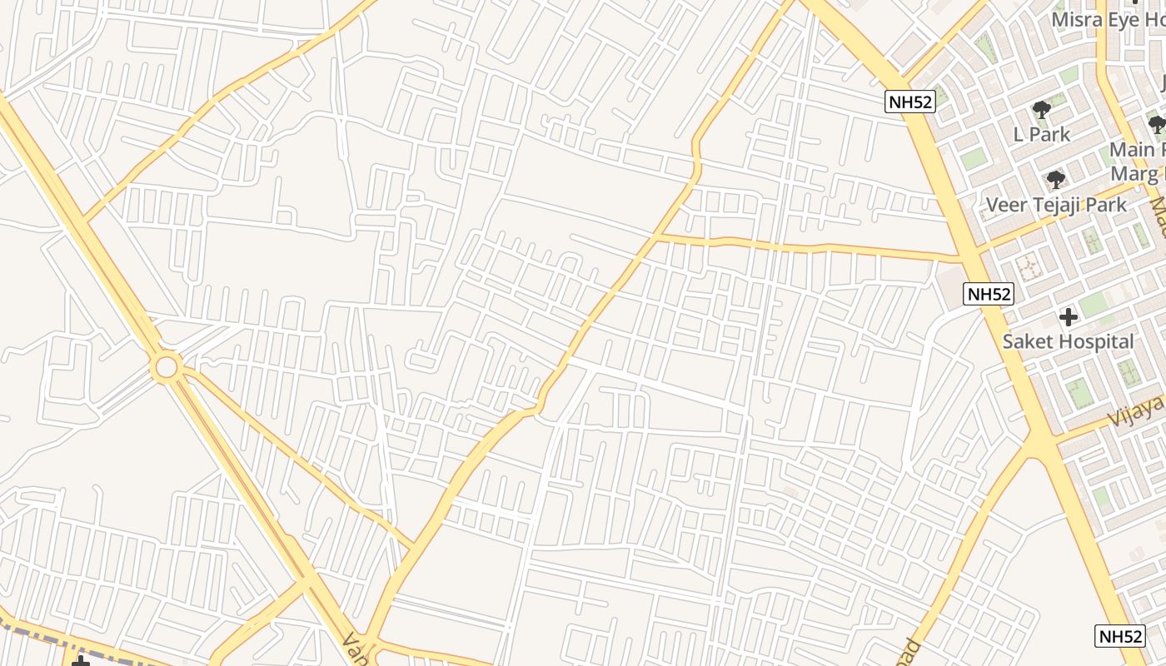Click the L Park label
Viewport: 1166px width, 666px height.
(x=1041, y=134)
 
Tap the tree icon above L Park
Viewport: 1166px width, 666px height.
(x=1041, y=109)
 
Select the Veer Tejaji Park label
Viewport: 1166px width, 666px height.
(x=1056, y=205)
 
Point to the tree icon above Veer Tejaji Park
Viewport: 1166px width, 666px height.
(x=1056, y=179)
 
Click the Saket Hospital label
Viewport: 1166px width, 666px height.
(x=1068, y=341)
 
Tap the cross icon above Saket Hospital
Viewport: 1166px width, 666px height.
(x=1068, y=317)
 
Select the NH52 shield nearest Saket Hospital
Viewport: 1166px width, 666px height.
(x=989, y=294)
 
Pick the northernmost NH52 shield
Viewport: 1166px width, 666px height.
(x=910, y=102)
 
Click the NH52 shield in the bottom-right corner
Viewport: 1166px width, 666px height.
(x=1120, y=636)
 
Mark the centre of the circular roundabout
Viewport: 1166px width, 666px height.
(x=166, y=366)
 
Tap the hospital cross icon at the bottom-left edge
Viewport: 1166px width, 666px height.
(x=80, y=661)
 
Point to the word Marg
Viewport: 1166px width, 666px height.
(x=1134, y=174)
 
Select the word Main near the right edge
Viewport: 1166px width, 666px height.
(x=1133, y=150)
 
